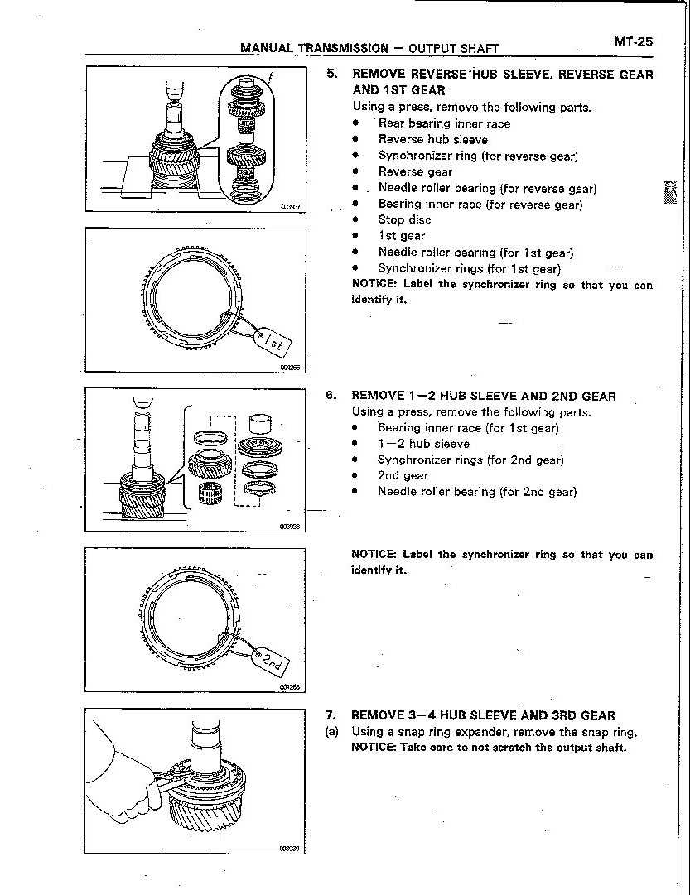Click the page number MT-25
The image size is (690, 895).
pos(633,41)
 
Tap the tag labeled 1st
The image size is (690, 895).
pos(274,342)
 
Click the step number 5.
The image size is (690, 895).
pos(331,74)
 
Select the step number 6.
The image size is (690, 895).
pos(331,396)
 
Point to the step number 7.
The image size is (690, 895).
pos(331,715)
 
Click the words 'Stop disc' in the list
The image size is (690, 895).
pos(404,220)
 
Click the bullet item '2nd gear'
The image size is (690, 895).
pos(403,476)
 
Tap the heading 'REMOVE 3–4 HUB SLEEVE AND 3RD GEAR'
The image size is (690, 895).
pos(483,715)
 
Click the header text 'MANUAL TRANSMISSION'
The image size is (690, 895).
pos(314,48)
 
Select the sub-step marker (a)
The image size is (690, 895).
pos(331,732)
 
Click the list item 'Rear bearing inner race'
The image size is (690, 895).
pos(444,124)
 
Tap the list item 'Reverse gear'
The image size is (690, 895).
pos(415,172)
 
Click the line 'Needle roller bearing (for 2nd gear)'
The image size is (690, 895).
pos(476,492)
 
